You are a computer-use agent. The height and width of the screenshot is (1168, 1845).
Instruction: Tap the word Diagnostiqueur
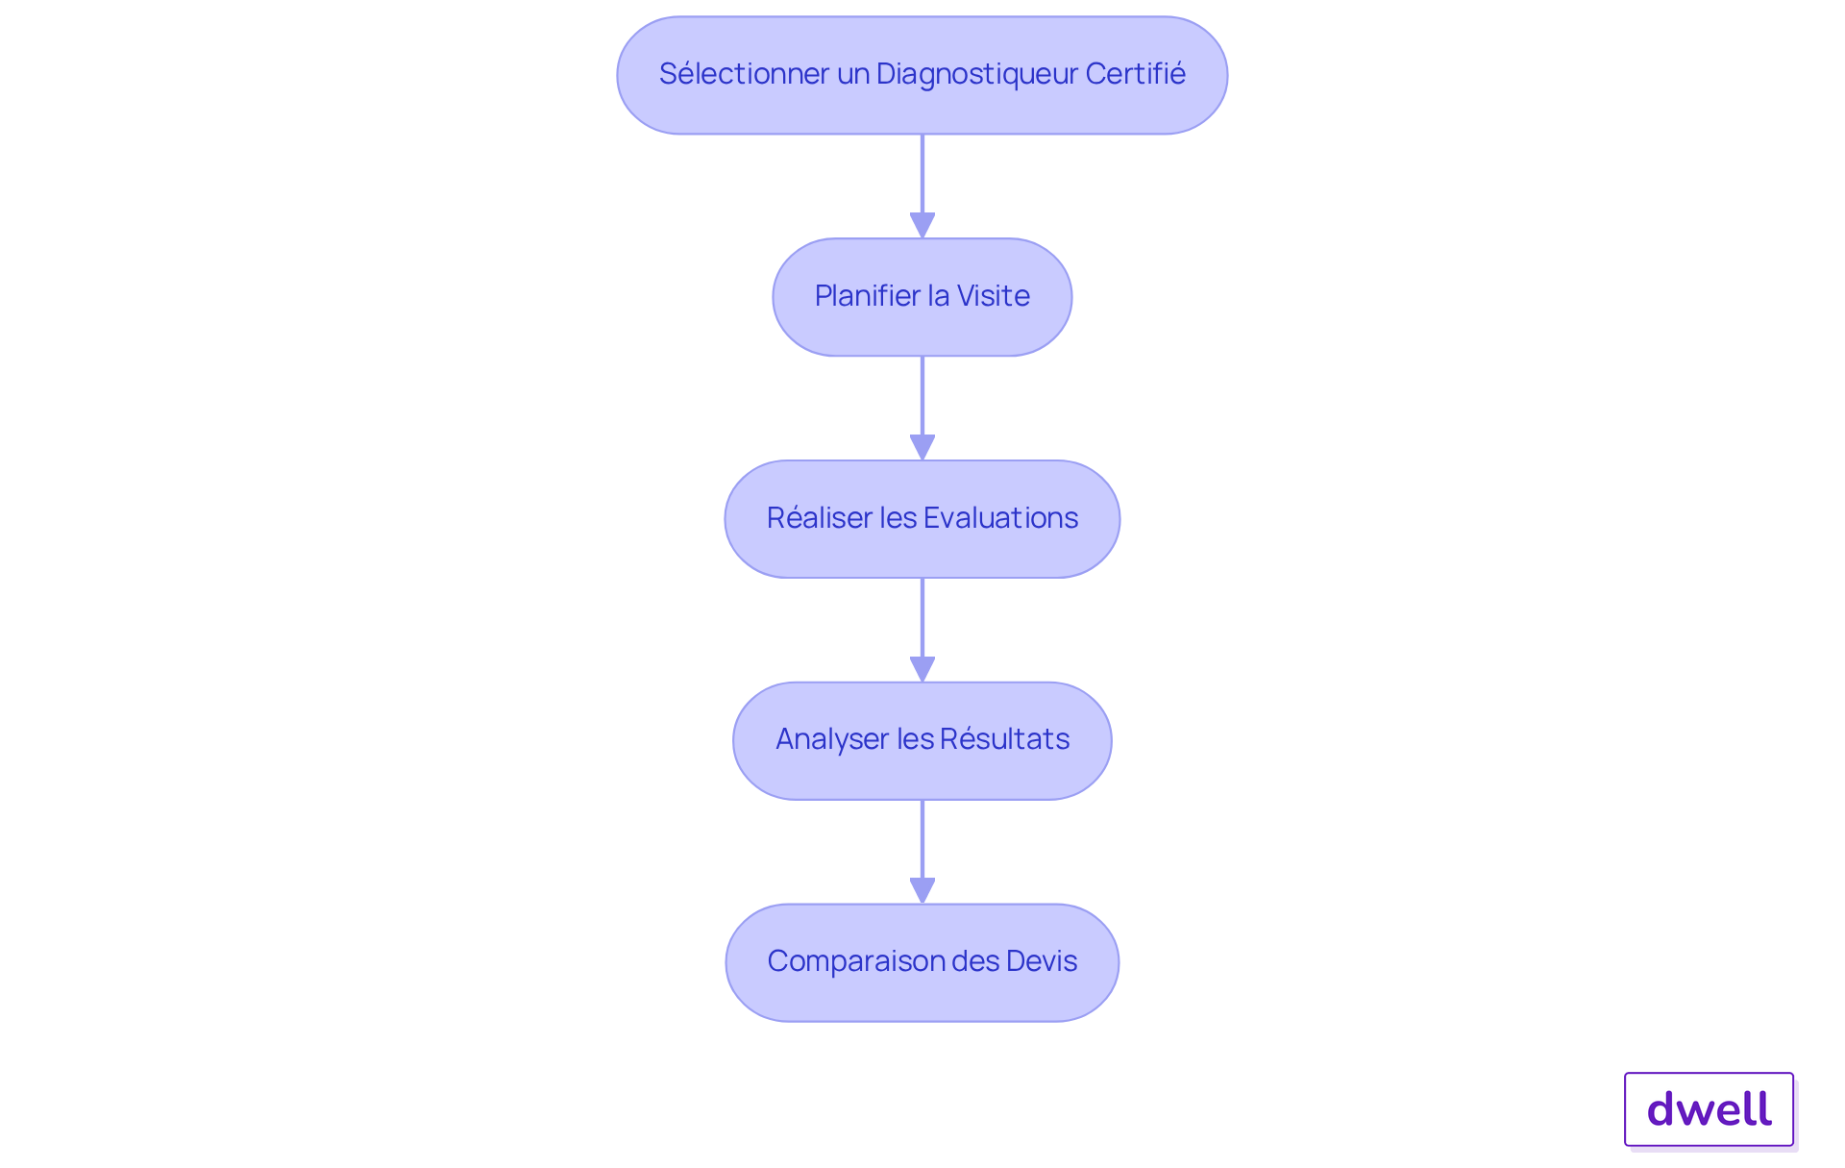(x=976, y=74)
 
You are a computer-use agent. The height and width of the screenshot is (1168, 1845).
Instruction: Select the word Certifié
(x=1135, y=74)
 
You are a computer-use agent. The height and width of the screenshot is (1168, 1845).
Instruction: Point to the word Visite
(x=993, y=296)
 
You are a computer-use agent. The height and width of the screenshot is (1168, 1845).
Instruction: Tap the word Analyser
(x=831, y=739)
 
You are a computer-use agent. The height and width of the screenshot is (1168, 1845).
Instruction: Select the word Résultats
(x=1004, y=739)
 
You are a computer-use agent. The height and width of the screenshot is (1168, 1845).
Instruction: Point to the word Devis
(x=1042, y=961)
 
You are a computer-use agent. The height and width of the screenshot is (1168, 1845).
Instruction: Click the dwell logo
(x=1709, y=1109)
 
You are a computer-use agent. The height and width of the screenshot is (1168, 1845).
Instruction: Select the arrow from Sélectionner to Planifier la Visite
(x=922, y=178)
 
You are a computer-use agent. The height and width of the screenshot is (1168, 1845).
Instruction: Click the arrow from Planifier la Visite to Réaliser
(x=922, y=399)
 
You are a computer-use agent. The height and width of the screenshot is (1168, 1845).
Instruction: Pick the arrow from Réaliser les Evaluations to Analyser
(x=922, y=621)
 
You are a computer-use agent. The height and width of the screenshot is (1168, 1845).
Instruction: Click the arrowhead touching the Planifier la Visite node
(x=922, y=226)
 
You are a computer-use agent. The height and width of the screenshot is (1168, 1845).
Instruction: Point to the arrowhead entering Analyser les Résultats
(x=922, y=670)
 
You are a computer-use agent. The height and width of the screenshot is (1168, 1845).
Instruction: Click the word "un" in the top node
(x=852, y=74)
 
